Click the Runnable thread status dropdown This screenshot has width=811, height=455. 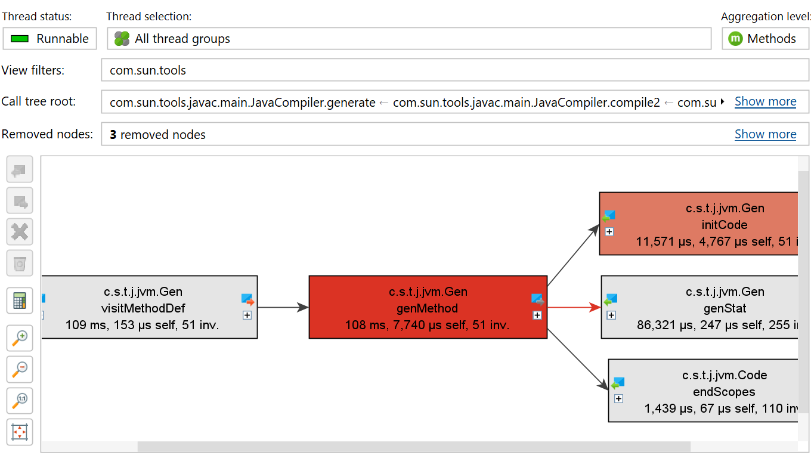[49, 38]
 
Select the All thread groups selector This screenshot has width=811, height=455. [409, 38]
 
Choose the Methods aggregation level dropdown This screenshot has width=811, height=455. [766, 38]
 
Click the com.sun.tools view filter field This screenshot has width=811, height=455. [455, 70]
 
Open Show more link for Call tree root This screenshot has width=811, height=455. [766, 102]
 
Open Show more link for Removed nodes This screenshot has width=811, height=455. [766, 134]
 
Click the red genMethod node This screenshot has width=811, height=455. [428, 307]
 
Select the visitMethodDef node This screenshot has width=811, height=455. [150, 307]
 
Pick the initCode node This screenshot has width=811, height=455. [699, 224]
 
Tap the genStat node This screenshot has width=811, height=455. [699, 307]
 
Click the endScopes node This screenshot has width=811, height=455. [703, 391]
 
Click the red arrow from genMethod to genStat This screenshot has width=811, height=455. [574, 307]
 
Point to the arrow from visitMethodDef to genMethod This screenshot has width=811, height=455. [283, 307]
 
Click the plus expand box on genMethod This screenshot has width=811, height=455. [537, 315]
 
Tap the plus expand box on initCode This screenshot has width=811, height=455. [609, 231]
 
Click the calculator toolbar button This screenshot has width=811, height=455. [20, 301]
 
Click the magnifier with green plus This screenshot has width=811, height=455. [20, 338]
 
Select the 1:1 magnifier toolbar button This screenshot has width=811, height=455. [20, 401]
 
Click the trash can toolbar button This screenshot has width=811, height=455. [20, 263]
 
